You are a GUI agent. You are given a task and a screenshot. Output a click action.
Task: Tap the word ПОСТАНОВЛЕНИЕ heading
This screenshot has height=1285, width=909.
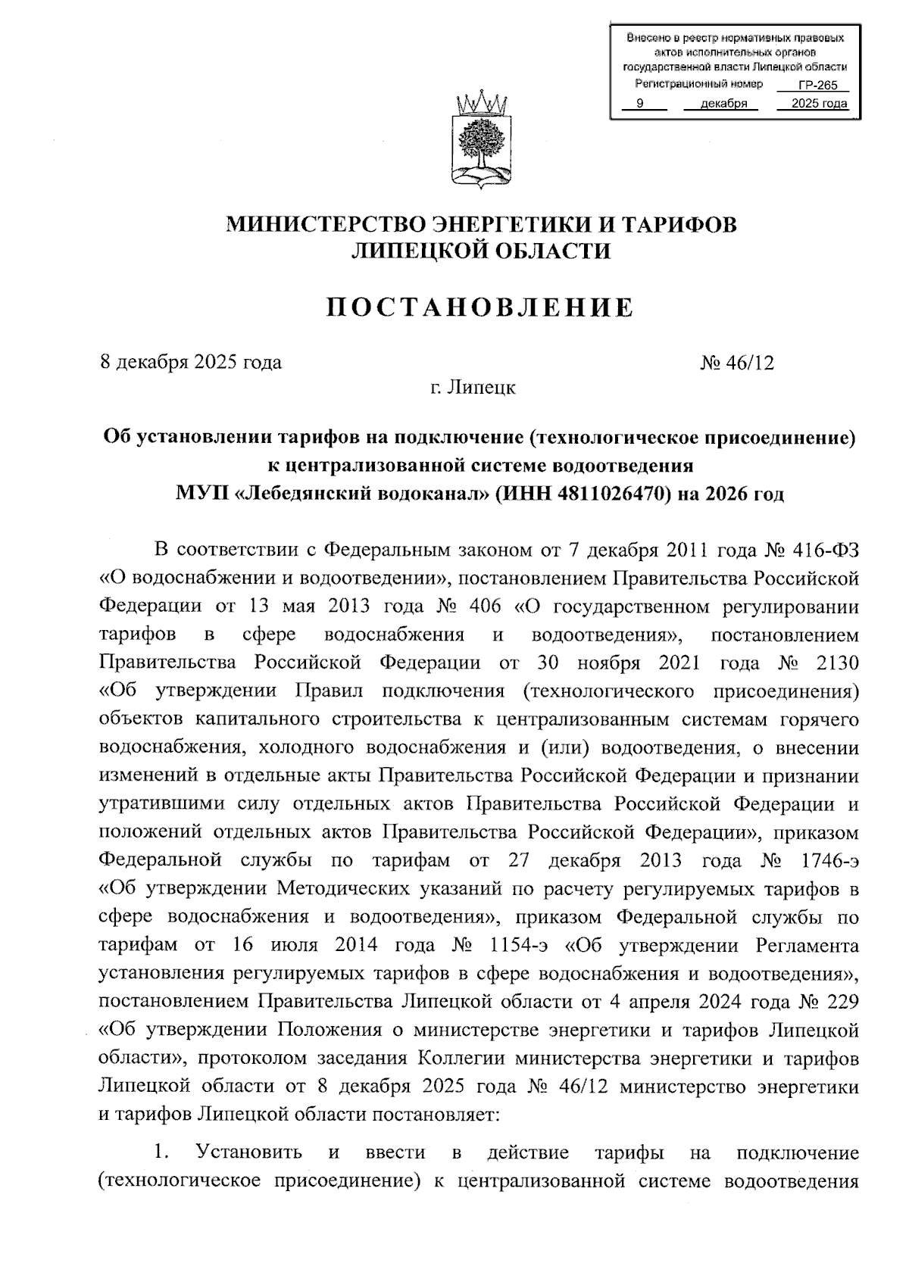click(480, 307)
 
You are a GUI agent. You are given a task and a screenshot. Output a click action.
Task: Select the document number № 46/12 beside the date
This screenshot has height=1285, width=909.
click(738, 363)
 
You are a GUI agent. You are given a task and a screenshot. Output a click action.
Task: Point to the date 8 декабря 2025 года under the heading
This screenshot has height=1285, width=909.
click(191, 363)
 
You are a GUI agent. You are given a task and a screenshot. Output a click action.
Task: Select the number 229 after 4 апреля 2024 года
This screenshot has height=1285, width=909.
click(842, 1002)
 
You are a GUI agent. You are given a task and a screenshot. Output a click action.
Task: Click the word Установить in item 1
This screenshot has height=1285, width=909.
click(249, 1152)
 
